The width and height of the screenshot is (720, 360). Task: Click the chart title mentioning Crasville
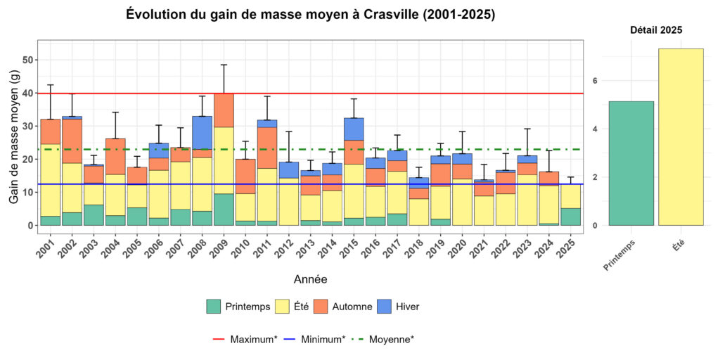click(310, 15)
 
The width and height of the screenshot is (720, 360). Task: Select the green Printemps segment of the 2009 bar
click(224, 210)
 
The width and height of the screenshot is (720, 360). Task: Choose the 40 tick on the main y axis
click(29, 94)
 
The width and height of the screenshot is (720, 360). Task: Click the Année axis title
click(310, 280)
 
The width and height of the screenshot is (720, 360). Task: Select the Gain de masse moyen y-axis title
click(14, 138)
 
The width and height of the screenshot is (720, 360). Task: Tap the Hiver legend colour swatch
click(389, 307)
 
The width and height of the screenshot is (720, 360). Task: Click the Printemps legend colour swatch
click(214, 307)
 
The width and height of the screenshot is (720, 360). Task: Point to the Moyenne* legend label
click(392, 340)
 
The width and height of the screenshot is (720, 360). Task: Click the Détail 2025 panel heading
click(655, 30)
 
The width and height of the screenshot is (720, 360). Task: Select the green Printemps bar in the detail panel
click(631, 163)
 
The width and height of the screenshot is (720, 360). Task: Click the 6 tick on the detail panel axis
click(595, 81)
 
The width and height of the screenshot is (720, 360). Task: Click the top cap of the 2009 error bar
click(224, 65)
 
